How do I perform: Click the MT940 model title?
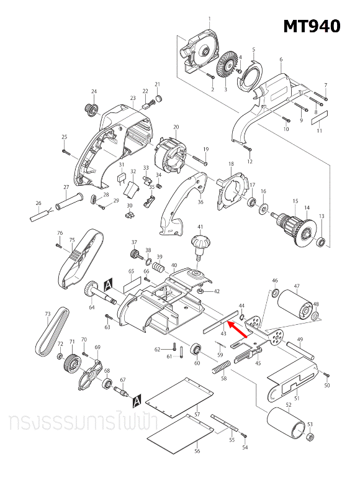click(312, 27)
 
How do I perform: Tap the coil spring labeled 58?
click(221, 368)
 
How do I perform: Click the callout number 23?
click(133, 98)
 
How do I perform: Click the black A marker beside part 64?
click(108, 283)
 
